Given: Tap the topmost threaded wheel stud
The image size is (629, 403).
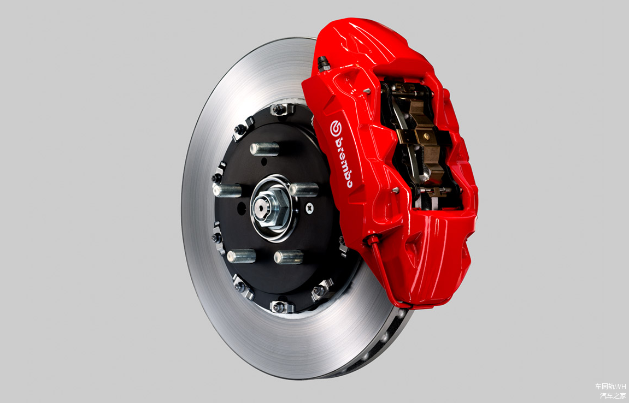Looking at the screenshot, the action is click(x=264, y=149).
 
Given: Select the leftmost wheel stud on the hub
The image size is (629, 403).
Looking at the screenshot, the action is click(x=227, y=191).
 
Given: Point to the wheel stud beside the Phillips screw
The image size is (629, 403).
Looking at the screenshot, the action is click(x=304, y=189).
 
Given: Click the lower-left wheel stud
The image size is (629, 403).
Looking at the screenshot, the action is click(x=241, y=256).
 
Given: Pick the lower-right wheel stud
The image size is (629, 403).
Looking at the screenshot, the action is click(x=289, y=257).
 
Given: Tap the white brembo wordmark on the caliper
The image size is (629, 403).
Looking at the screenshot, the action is click(x=344, y=162).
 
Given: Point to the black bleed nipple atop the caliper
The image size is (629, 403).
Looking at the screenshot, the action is click(x=324, y=63).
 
